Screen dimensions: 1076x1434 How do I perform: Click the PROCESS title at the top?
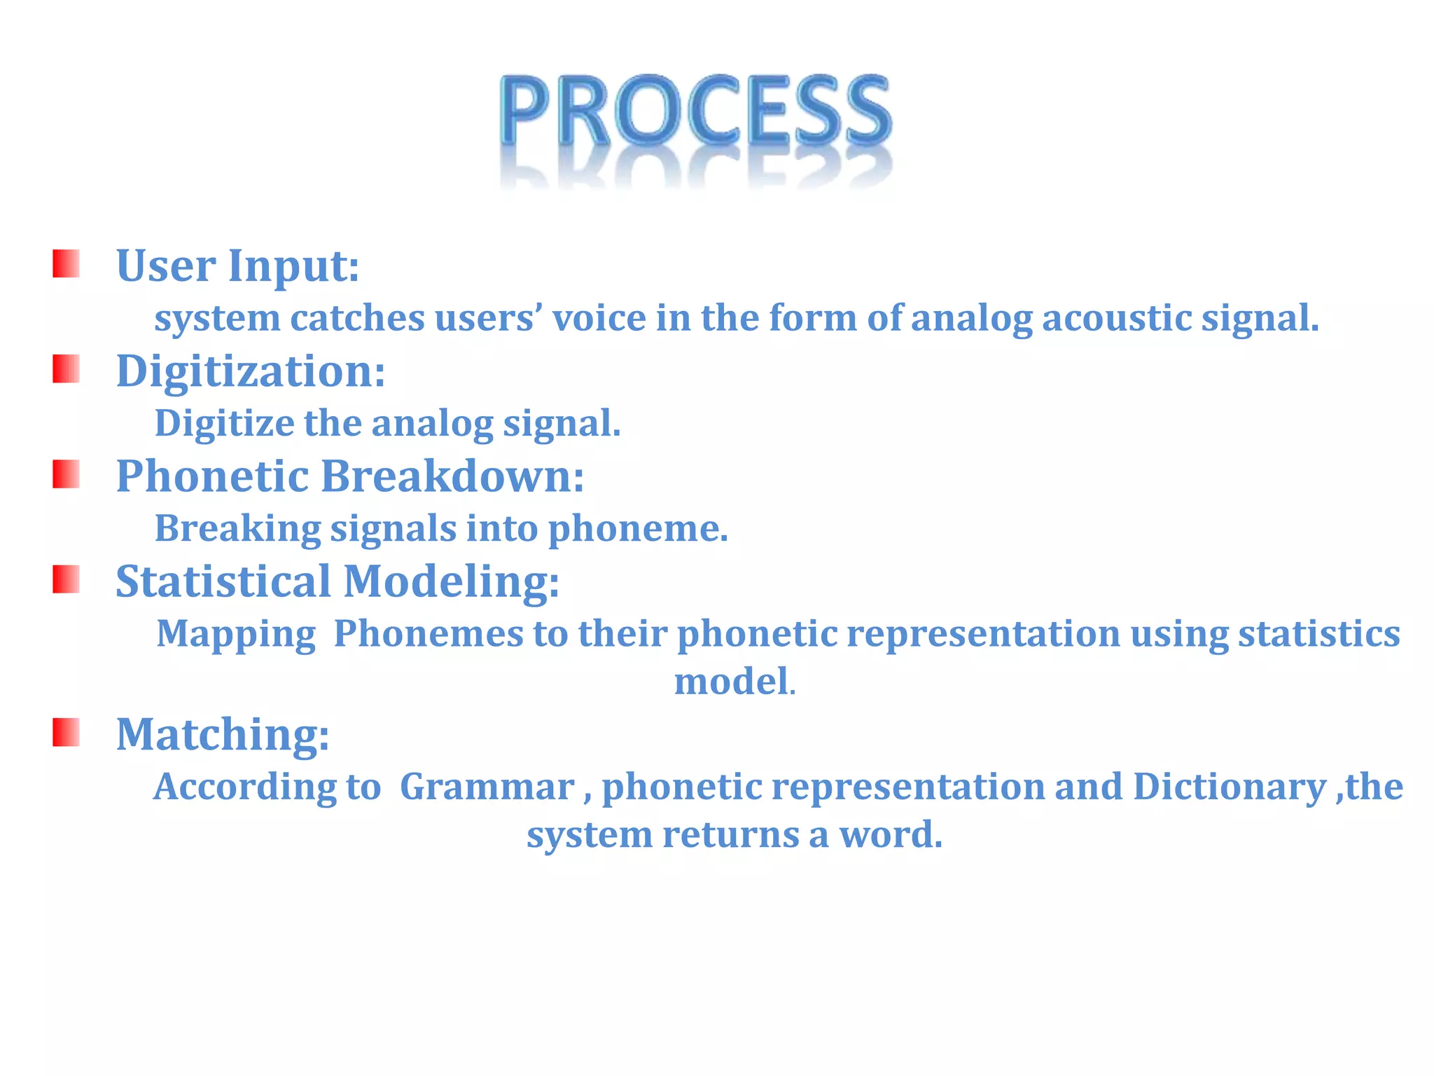click(696, 112)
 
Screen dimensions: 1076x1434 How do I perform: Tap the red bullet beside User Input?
click(66, 264)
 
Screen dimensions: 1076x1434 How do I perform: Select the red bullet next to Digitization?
click(66, 369)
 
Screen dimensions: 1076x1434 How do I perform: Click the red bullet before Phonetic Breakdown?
click(66, 474)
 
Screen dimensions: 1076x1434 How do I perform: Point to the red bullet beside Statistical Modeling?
click(66, 579)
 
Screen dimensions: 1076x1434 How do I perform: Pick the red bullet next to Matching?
click(66, 732)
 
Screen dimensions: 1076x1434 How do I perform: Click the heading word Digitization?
click(250, 371)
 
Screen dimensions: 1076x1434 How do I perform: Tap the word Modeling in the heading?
click(451, 581)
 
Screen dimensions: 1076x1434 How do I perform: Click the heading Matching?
click(222, 734)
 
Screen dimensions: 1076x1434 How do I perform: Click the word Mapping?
click(236, 635)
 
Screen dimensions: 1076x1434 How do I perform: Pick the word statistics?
click(1318, 633)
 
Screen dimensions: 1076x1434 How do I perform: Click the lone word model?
click(732, 682)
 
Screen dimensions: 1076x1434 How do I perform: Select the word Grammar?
click(487, 787)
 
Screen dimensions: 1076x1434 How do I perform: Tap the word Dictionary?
click(1229, 787)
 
